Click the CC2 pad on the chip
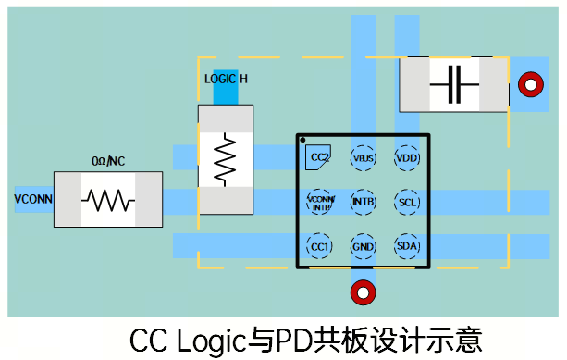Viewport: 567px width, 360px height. click(319, 157)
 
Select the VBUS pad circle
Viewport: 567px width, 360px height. click(364, 158)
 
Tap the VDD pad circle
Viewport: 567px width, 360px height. click(407, 158)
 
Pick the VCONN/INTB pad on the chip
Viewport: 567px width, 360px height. click(319, 202)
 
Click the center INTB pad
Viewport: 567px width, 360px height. click(364, 202)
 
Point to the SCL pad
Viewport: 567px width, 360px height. click(407, 202)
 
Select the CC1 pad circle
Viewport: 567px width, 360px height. click(319, 246)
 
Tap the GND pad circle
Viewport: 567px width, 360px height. click(364, 246)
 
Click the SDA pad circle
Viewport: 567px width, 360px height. click(407, 246)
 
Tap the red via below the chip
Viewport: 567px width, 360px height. click(363, 292)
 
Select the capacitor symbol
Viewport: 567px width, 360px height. click(453, 86)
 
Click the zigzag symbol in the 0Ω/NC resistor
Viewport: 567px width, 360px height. click(108, 200)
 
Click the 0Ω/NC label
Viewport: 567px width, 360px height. click(108, 161)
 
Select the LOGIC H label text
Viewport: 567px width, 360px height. click(226, 79)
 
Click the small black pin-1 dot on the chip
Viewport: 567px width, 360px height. click(302, 141)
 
